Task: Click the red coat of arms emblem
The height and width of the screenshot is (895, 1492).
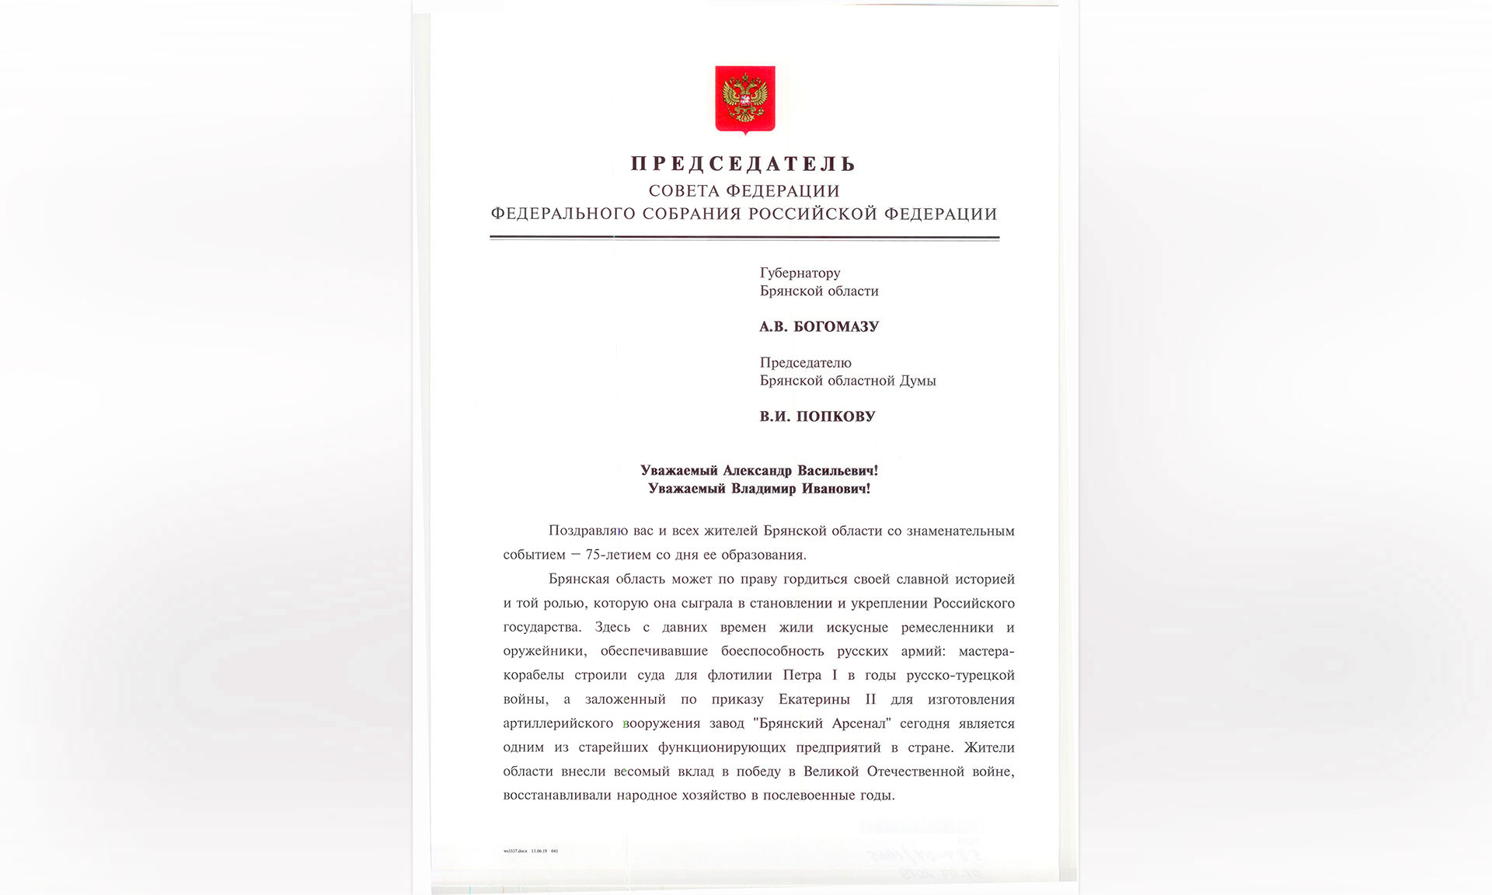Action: [744, 99]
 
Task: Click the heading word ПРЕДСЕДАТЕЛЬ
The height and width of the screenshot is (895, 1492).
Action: [744, 164]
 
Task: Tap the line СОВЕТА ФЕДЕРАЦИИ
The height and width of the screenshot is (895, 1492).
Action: [744, 191]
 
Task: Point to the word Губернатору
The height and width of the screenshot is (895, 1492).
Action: [800, 273]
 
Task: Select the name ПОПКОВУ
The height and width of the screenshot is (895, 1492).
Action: [835, 416]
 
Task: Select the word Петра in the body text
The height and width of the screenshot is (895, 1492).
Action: [801, 675]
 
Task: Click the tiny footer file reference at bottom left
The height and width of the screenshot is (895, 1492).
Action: [531, 851]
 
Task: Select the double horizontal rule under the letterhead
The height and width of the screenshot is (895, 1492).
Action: [744, 238]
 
